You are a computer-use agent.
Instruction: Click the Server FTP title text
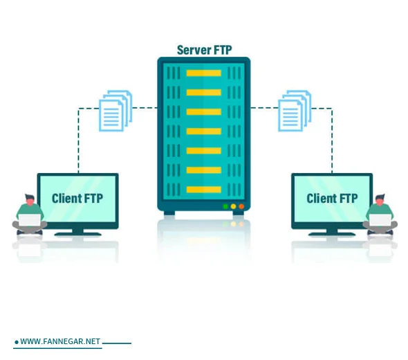coord(203,49)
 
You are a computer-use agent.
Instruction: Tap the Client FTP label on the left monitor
coord(77,199)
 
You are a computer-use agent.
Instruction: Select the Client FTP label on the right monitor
coord(332,199)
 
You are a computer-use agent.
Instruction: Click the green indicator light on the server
coord(225,206)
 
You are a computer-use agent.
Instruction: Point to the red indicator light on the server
coord(241,206)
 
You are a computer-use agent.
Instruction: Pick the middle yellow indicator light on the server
coord(233,206)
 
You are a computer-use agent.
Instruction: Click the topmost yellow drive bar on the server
coord(203,73)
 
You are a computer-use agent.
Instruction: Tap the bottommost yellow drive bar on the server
coord(203,189)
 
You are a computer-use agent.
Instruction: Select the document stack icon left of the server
coord(115,110)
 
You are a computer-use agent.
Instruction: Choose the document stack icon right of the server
coord(294,110)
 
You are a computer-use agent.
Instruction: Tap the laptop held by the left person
coord(30,221)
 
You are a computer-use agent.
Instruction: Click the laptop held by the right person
coord(380,221)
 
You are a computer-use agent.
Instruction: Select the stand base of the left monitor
coord(77,233)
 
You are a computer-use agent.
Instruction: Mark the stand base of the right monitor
coord(332,233)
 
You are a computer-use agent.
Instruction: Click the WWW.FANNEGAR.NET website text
coord(60,342)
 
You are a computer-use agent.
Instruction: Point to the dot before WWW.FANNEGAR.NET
coord(16,343)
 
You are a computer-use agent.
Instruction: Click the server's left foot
coord(169,213)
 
